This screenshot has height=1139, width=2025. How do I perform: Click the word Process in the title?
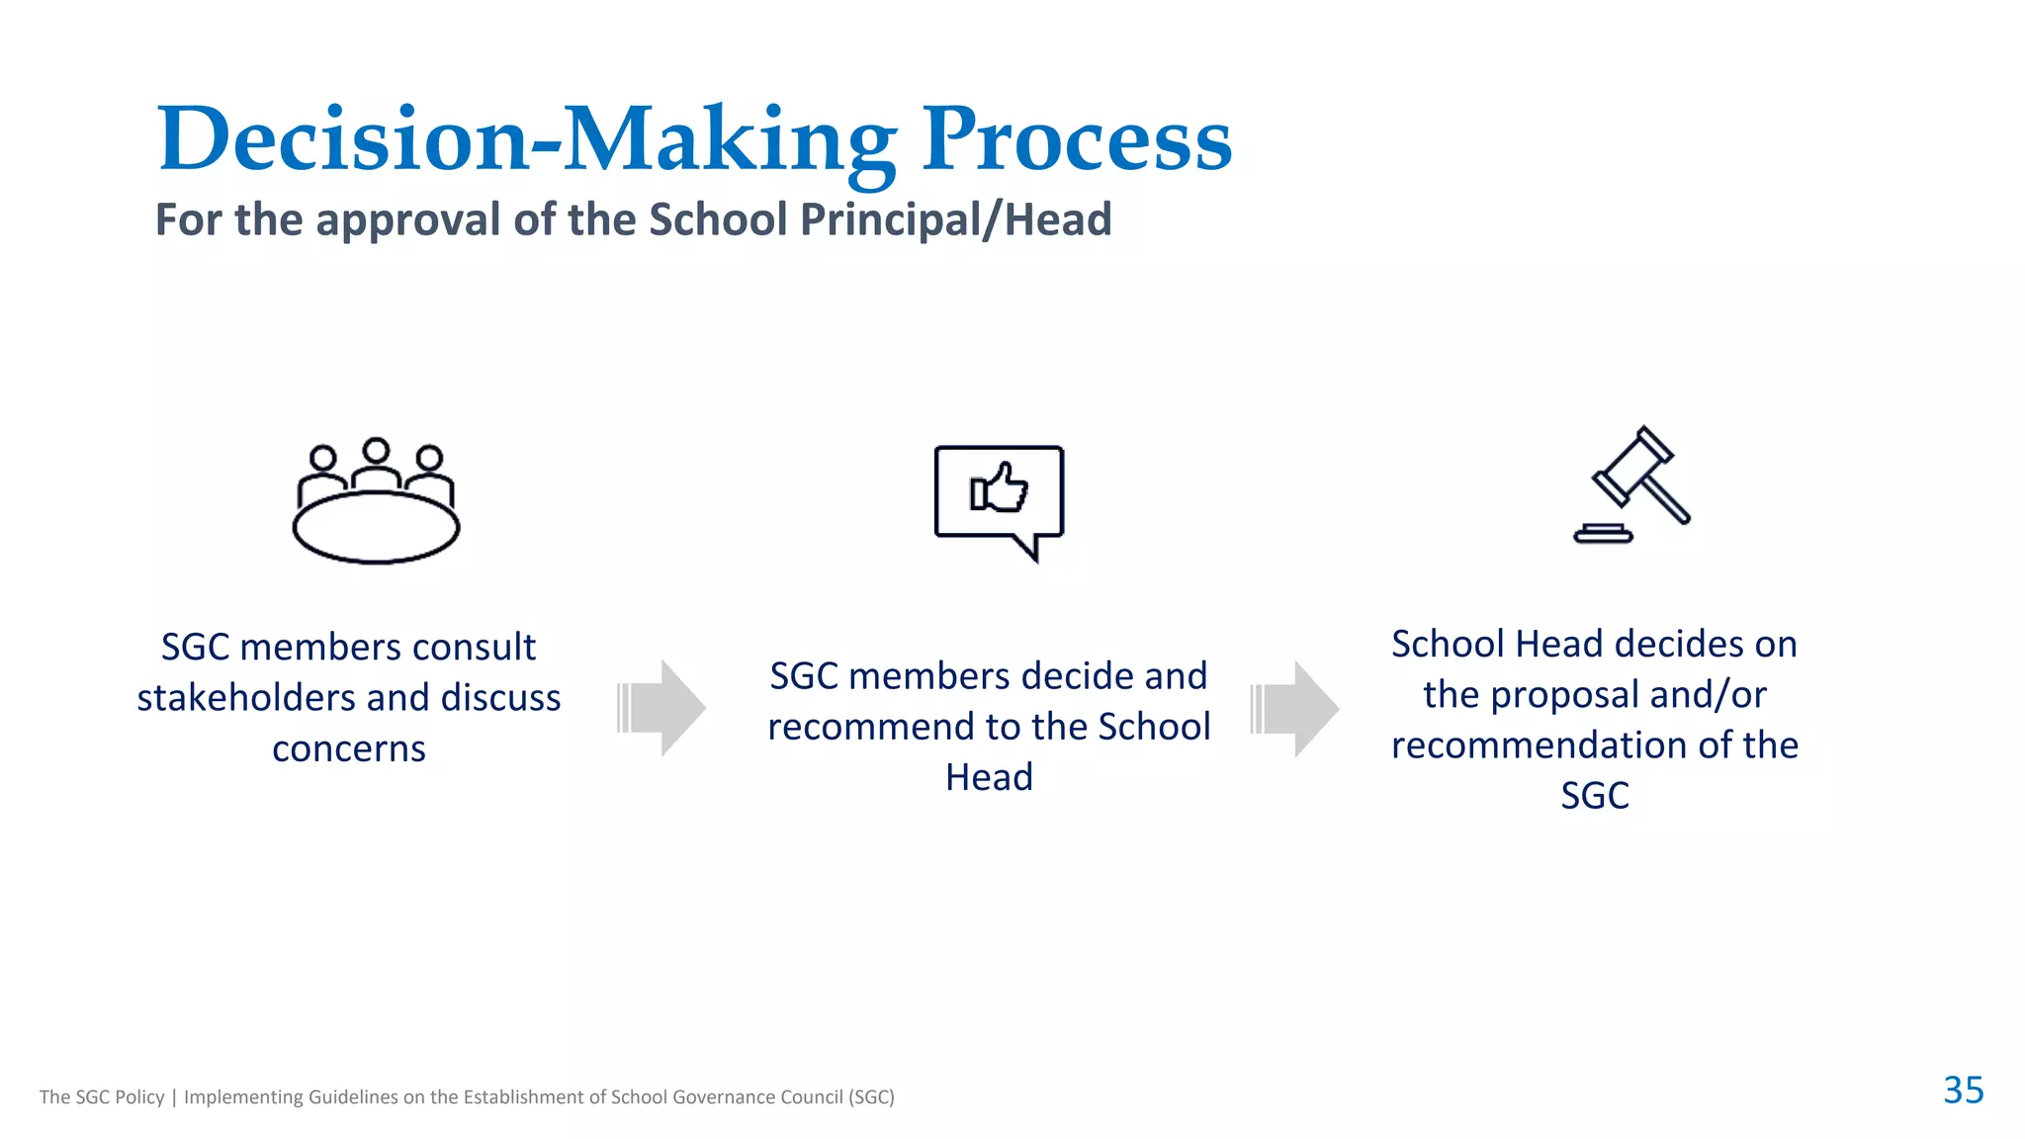click(x=1077, y=139)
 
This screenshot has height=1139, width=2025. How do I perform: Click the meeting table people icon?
click(x=376, y=499)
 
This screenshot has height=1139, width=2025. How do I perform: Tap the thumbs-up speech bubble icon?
click(x=1000, y=499)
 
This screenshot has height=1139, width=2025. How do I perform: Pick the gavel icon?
click(x=1632, y=484)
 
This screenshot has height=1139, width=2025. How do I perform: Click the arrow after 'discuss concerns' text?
click(x=661, y=708)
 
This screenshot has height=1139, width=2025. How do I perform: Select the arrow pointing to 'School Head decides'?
click(x=1294, y=709)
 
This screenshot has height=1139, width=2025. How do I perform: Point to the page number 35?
click(x=1963, y=1090)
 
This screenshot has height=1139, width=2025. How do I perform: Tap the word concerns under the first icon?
click(x=349, y=749)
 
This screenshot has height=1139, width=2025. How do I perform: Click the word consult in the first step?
click(x=474, y=648)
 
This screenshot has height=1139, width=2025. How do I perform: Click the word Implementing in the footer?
click(x=243, y=1097)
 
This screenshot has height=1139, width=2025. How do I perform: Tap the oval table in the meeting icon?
click(x=376, y=528)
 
